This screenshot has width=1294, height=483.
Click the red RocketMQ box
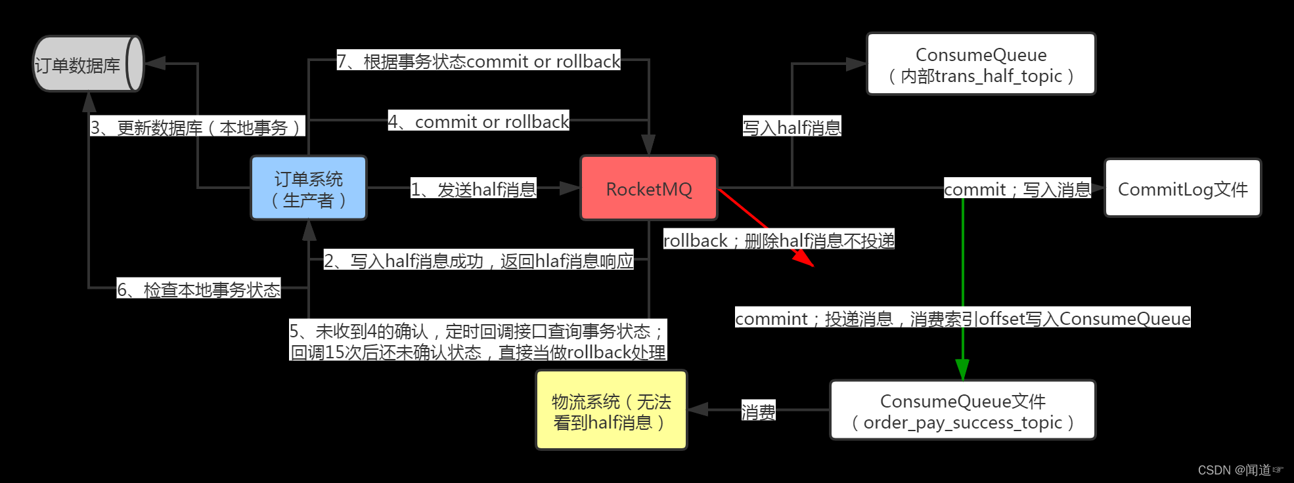pos(648,188)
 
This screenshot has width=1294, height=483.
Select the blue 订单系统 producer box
pos(309,188)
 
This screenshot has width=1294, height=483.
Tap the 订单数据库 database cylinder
pos(87,64)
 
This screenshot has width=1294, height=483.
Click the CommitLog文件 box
pos(1182,188)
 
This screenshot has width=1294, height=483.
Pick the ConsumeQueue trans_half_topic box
pos(981,64)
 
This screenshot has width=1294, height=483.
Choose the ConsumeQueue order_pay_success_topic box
pos(962,411)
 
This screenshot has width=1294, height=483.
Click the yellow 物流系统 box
pos(611,411)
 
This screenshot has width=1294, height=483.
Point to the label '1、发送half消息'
pos(473,189)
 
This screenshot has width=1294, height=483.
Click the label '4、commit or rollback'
pos(478,121)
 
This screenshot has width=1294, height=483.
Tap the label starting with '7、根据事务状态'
pos(478,61)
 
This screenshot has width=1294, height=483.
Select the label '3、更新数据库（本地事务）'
pos(197,127)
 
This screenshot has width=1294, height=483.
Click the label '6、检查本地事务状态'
pos(198,289)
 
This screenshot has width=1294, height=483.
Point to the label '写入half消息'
pos(792,127)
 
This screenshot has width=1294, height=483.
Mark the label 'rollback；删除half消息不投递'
pos(778,240)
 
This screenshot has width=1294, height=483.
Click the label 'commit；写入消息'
pos(1017,189)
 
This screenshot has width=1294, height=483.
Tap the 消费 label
pos(758,411)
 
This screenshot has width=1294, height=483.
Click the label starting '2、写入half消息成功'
pos(478,261)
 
